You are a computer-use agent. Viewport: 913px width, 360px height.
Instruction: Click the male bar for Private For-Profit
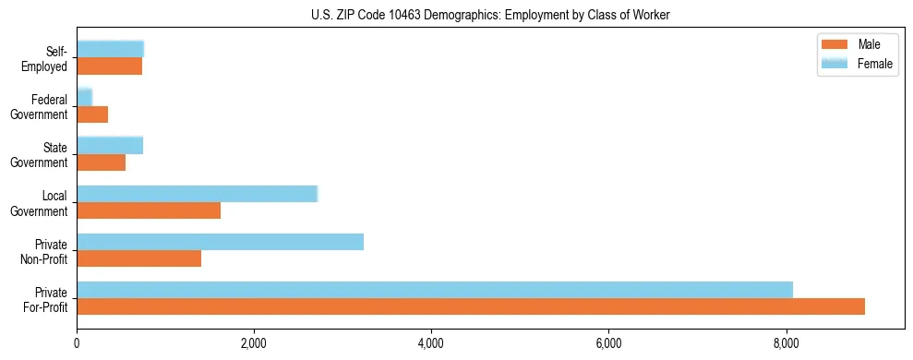471,306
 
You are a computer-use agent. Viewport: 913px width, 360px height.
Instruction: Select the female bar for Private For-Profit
435,290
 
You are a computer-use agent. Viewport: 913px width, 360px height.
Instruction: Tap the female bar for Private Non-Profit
220,242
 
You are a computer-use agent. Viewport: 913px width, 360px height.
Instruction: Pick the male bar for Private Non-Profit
138,258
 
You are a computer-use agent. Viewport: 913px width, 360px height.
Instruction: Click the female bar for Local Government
197,194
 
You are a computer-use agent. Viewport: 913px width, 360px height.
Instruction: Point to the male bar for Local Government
149,210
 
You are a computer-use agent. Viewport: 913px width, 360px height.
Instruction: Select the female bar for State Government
110,145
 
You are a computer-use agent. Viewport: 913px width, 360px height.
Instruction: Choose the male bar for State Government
101,162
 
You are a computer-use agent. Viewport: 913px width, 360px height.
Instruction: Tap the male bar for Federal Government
92,114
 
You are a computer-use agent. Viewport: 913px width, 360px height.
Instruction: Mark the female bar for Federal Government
84,97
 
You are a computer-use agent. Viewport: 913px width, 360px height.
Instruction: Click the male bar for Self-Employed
109,66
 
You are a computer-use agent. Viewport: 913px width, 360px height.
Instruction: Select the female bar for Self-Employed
110,49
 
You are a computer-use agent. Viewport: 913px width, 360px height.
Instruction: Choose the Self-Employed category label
45,58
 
